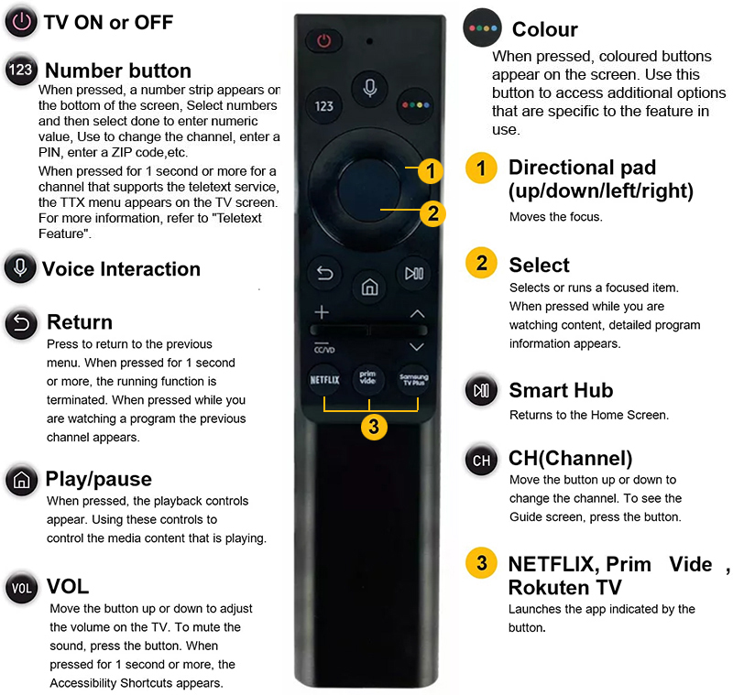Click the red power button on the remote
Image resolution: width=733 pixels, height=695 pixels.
pos(323,40)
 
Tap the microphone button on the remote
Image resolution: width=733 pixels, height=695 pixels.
pos(370,88)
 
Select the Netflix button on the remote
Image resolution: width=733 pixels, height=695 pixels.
pos(324,380)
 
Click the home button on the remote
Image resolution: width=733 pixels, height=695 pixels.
pos(369,287)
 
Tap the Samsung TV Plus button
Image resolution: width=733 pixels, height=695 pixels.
pos(414,380)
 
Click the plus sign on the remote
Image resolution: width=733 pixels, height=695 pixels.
pos(322,312)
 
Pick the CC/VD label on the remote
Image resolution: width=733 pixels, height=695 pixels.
pos(324,349)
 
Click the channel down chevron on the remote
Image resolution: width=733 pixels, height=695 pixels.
pos(417,346)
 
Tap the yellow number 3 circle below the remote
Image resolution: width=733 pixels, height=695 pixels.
pos(374,427)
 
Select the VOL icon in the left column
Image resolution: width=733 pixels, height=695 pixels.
pos(21,588)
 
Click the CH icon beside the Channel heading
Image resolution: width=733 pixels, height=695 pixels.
pos(482,460)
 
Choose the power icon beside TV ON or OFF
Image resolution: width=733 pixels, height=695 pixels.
pos(21,22)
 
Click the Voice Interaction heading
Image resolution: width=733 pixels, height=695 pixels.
pos(122,269)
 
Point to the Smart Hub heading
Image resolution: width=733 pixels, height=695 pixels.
pos(561,390)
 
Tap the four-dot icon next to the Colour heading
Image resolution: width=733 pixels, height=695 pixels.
pos(483,27)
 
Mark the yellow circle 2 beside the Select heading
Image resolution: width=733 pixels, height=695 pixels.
pos(482,263)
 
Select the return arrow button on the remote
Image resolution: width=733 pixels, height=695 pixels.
pos(325,273)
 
